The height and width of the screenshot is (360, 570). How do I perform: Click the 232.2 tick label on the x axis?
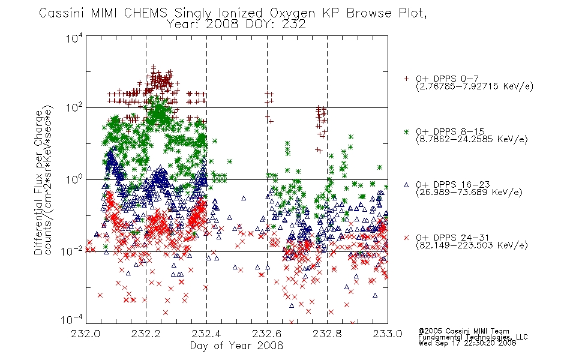pyautogui.click(x=146, y=334)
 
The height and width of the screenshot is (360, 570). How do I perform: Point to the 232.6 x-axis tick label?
pyautogui.click(x=266, y=334)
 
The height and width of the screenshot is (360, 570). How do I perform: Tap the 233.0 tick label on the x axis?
pyautogui.click(x=387, y=334)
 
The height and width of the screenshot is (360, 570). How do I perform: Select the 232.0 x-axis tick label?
pyautogui.click(x=85, y=334)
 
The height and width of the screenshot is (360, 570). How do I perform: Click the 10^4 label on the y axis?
pyautogui.click(x=74, y=38)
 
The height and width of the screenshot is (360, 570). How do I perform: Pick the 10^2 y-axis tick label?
pyautogui.click(x=74, y=107)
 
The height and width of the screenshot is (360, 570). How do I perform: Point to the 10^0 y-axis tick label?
pyautogui.click(x=74, y=179)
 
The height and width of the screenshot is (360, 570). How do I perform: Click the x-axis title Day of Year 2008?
pyautogui.click(x=236, y=346)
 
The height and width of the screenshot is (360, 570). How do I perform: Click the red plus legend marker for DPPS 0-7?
pyautogui.click(x=406, y=79)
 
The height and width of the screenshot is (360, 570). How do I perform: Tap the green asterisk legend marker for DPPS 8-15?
pyautogui.click(x=406, y=131)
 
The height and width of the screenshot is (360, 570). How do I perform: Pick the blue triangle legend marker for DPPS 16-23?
pyautogui.click(x=406, y=185)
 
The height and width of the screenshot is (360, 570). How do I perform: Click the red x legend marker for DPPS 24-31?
pyautogui.click(x=406, y=238)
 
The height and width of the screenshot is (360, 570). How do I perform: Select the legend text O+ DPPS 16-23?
pyautogui.click(x=453, y=184)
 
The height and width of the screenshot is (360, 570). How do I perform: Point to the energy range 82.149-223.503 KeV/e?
pyautogui.click(x=472, y=245)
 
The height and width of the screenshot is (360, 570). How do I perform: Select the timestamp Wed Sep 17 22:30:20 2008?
pyautogui.click(x=467, y=343)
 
